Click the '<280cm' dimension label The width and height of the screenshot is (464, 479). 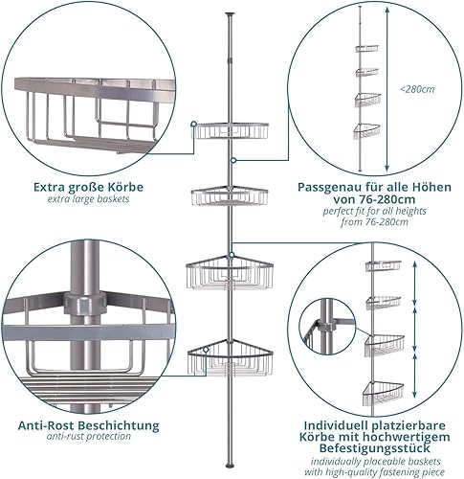(417, 89)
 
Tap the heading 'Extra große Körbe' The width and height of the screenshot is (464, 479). (89, 187)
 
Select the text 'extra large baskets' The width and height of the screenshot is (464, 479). (89, 199)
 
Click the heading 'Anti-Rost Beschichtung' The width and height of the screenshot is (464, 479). (88, 425)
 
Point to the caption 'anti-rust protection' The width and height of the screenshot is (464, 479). (89, 436)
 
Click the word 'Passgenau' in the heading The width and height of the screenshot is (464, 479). (327, 188)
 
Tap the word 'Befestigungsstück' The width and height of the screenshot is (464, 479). (375, 448)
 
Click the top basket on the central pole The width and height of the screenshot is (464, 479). (232, 130)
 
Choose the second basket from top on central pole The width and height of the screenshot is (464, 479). (230, 196)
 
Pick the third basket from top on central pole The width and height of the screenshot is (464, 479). (230, 272)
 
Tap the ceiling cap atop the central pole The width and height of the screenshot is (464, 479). (230, 14)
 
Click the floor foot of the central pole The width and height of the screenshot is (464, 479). (230, 466)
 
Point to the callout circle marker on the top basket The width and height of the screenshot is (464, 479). (193, 124)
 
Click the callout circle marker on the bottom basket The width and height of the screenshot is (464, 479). (206, 350)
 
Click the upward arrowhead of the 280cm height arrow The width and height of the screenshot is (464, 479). (387, 11)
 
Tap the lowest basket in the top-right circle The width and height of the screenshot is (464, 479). (367, 131)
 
